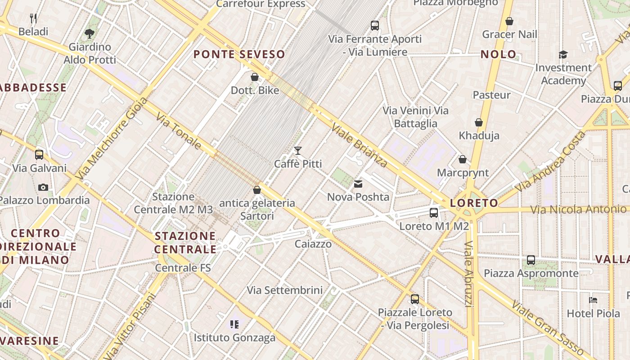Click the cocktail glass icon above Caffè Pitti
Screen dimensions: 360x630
point(297,150)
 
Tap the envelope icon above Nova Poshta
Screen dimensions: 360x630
point(358,184)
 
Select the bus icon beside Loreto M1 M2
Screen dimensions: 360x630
point(434,212)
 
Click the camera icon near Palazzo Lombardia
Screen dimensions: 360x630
point(43,187)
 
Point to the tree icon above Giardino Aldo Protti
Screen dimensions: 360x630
point(90,33)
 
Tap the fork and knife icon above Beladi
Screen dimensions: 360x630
point(33,18)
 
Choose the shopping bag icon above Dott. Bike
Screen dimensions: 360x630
point(255,77)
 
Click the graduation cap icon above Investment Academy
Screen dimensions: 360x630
point(563,54)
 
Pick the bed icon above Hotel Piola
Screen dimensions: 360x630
point(593,300)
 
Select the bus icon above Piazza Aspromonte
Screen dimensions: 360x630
point(531,260)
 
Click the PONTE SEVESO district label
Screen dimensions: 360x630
point(239,54)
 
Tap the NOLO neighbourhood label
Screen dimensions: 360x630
point(499,54)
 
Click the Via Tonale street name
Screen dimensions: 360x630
point(179,131)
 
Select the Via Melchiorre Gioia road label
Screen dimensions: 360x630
point(112,139)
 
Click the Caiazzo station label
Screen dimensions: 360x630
point(313,244)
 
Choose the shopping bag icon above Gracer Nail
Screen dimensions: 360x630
point(509,21)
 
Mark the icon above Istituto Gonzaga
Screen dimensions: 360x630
point(234,324)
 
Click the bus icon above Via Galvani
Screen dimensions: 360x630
point(39,155)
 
